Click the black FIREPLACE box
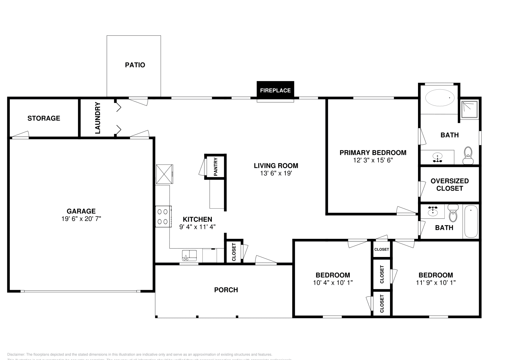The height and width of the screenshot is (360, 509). click(275, 90)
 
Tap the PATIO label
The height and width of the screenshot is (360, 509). click(135, 65)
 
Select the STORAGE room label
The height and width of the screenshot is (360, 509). click(44, 118)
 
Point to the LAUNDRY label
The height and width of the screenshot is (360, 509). click(98, 118)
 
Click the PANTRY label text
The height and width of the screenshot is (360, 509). click(215, 166)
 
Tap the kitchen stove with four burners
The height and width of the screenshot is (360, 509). click(163, 217)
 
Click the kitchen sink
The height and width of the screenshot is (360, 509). click(189, 255)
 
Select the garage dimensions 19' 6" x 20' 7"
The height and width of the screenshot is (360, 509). click(81, 219)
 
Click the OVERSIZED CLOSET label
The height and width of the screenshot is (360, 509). click(450, 184)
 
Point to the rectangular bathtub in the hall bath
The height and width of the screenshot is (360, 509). click(471, 222)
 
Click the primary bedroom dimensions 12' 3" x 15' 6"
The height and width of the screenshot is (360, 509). click(373, 160)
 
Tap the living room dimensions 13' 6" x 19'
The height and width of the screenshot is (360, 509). click(276, 173)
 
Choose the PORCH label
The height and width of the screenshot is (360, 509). click(226, 290)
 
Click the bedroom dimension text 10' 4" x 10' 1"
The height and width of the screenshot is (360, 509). click(333, 282)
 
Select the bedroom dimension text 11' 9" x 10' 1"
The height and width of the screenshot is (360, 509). click(436, 282)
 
